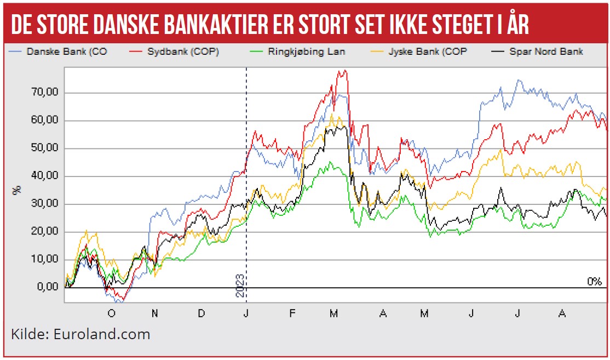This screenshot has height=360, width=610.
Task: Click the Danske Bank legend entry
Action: (x=57, y=52)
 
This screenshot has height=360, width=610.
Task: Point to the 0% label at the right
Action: (x=594, y=282)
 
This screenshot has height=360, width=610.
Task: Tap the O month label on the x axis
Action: (x=111, y=313)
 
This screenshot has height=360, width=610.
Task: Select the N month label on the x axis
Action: (x=156, y=313)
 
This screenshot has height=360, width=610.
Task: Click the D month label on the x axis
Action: (x=202, y=313)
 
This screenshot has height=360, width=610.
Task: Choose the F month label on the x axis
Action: (x=292, y=313)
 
